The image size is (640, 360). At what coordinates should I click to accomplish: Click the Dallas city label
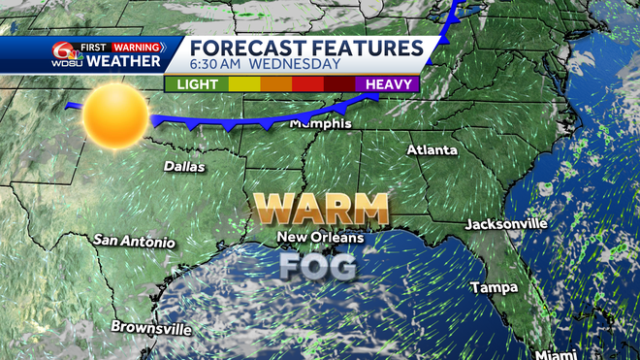[184, 167]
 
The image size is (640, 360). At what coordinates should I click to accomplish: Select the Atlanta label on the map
[432, 150]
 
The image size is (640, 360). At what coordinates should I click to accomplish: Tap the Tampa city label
[495, 287]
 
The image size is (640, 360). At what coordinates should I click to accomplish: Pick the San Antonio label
[135, 241]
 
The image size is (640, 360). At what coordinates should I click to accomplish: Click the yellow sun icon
[114, 116]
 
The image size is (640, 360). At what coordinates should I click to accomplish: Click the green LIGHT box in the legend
[196, 84]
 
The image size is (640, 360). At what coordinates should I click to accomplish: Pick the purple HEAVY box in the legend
[387, 84]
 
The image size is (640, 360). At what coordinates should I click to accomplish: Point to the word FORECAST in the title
[246, 48]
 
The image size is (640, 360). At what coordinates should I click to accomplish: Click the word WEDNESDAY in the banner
[295, 65]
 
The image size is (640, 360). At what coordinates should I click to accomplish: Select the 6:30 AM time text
[216, 65]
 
